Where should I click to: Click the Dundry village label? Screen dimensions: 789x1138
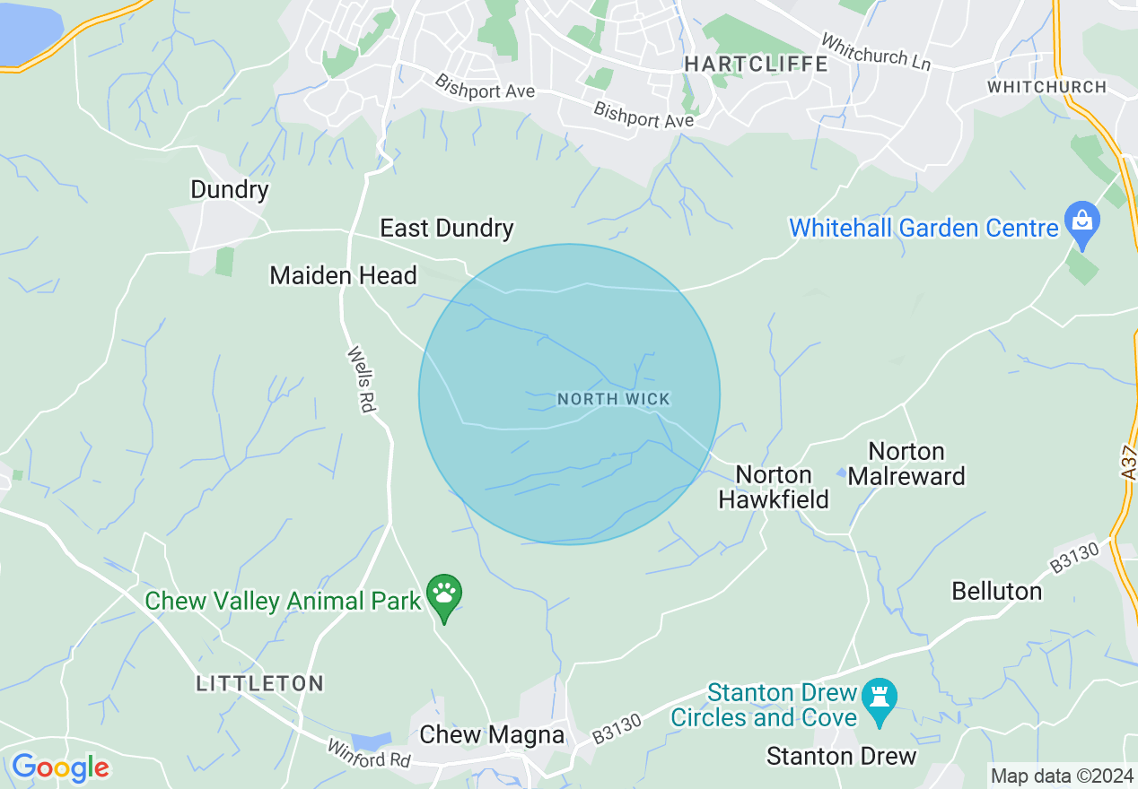(230, 190)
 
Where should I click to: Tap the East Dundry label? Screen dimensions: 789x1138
(447, 228)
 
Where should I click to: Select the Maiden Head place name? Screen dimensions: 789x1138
(343, 276)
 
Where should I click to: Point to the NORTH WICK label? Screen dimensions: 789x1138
(614, 399)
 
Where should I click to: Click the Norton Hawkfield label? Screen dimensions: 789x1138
(774, 487)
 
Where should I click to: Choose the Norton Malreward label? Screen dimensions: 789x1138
(906, 464)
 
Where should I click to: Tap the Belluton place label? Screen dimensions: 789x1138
(996, 592)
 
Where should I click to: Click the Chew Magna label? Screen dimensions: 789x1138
(492, 735)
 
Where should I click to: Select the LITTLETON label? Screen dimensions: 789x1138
(260, 684)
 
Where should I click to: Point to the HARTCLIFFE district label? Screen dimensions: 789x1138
(757, 64)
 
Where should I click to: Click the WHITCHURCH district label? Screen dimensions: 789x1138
(1046, 87)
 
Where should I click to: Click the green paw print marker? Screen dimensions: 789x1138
(444, 594)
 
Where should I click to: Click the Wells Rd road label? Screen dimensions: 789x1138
(360, 379)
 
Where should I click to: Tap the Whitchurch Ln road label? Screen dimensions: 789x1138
(876, 53)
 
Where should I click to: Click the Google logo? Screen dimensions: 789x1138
(59, 767)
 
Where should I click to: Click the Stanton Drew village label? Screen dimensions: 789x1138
(841, 757)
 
